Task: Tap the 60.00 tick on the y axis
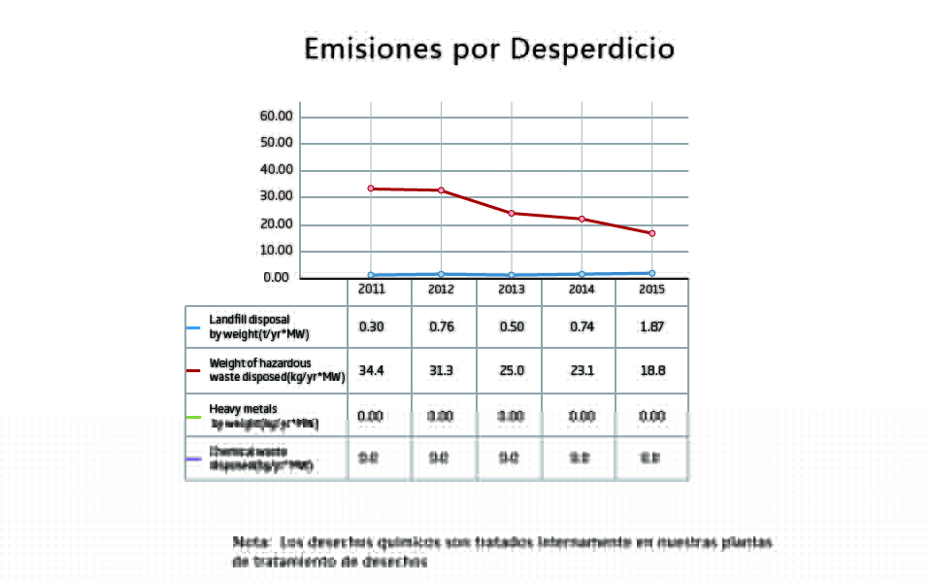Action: [x=277, y=117]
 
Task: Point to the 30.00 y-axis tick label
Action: [x=277, y=197]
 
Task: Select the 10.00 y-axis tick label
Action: [x=277, y=251]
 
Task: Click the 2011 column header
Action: [x=372, y=290]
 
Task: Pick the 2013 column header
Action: [x=512, y=290]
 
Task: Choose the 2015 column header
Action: [x=651, y=290]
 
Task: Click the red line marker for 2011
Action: [x=372, y=189]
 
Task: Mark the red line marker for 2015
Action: [x=651, y=233]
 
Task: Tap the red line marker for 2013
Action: [x=512, y=213]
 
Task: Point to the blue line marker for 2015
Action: [x=651, y=273]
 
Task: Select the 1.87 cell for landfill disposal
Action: [x=651, y=326]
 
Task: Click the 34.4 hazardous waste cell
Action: [x=372, y=370]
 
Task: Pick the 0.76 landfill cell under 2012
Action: [x=442, y=326]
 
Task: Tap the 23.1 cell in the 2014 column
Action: [x=582, y=370]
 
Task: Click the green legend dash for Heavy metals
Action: [x=194, y=417]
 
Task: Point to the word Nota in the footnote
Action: [x=251, y=541]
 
